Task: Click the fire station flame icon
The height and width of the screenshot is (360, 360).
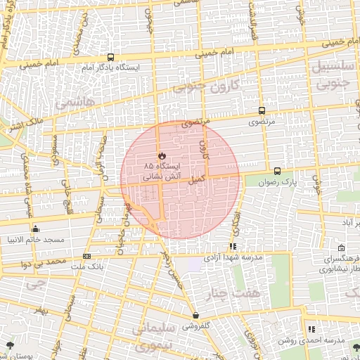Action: (161, 155)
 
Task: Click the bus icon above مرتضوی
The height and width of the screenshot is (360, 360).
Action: (262, 110)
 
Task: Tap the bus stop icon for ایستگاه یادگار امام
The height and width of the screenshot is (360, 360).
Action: (110, 58)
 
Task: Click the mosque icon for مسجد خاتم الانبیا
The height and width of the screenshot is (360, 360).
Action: (35, 229)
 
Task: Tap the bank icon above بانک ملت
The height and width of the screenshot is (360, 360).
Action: (86, 257)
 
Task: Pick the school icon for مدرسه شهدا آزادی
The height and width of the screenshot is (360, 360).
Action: (232, 246)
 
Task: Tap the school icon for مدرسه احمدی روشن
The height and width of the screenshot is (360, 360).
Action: (310, 329)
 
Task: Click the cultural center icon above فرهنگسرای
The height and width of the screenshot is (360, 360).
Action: (341, 248)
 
